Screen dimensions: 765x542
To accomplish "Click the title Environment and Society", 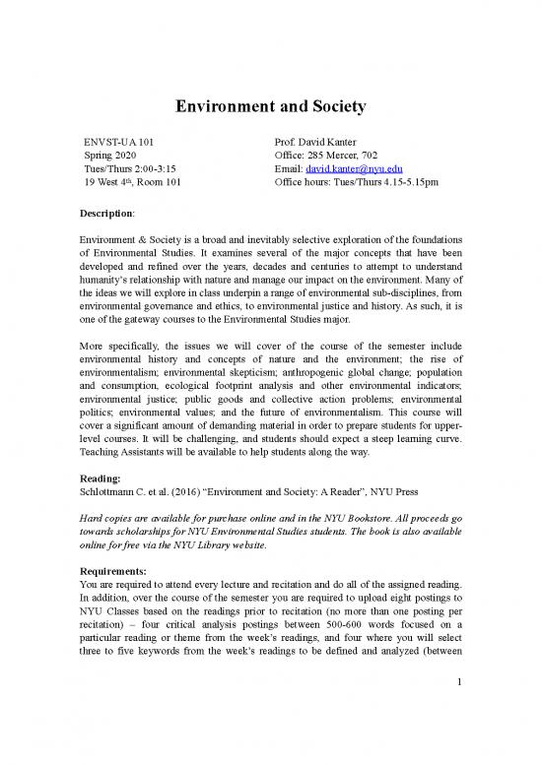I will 270,105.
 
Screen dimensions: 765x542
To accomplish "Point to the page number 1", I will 458,737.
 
